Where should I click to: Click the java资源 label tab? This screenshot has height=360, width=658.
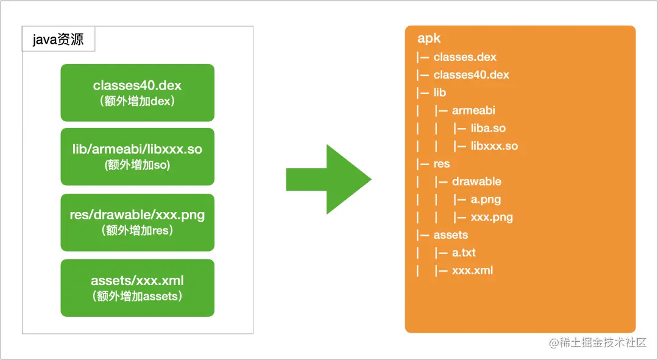tap(58, 39)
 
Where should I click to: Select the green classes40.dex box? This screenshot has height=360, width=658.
tap(137, 93)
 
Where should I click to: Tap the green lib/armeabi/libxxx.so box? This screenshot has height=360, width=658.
tap(137, 157)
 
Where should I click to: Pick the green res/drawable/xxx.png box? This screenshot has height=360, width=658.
tap(137, 222)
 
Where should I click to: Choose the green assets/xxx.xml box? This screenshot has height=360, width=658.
tap(137, 288)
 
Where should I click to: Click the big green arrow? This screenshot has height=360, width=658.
tap(328, 179)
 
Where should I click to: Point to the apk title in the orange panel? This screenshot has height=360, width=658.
tap(429, 38)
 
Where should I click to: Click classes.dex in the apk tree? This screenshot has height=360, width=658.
tap(465, 57)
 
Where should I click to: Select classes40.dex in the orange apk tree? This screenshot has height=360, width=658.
tap(471, 75)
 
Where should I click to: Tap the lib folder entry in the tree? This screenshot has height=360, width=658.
tap(440, 93)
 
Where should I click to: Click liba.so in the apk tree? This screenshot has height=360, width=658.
tap(488, 128)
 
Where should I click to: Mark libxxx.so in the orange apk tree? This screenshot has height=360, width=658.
tap(494, 146)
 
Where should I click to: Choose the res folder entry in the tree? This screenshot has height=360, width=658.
tap(442, 164)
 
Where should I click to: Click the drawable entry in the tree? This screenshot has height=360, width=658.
tap(476, 182)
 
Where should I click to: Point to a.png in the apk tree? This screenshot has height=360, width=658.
tap(486, 199)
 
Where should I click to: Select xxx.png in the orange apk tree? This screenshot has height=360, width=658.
tap(492, 217)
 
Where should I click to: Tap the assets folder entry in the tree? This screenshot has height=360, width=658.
tap(451, 235)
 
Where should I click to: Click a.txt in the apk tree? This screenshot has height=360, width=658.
tap(464, 253)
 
